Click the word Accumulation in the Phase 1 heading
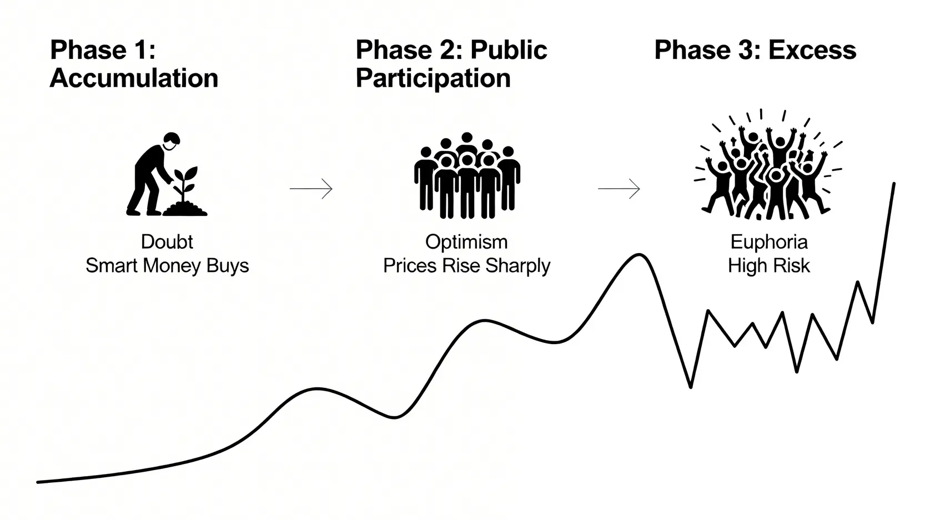(134, 78)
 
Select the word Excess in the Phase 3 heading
(812, 51)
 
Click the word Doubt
(167, 242)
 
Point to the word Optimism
(466, 243)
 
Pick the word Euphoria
(769, 243)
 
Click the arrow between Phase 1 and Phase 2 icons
(311, 189)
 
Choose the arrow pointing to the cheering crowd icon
(619, 189)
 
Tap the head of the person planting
(172, 141)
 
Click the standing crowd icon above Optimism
(467, 175)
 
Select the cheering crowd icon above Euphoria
(768, 164)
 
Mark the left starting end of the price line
(38, 482)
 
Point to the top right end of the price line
(894, 183)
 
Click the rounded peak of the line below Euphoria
(640, 255)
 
